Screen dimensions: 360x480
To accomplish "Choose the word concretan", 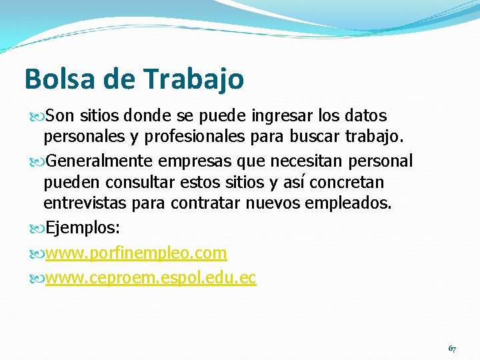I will [347, 182].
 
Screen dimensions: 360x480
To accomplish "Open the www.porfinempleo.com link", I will [136, 253].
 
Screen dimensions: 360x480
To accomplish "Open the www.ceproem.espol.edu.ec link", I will [151, 278].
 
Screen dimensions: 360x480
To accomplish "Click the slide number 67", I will [452, 349].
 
